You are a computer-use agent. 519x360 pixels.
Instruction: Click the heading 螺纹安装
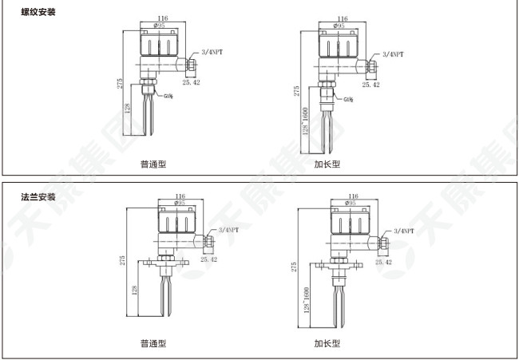tap(39, 13)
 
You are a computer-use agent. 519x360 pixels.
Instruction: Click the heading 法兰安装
tap(39, 196)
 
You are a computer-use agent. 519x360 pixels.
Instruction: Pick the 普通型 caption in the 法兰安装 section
tap(153, 343)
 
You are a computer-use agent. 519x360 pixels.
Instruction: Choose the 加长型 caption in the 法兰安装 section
tap(327, 343)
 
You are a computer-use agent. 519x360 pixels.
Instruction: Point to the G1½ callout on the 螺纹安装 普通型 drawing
tap(169, 97)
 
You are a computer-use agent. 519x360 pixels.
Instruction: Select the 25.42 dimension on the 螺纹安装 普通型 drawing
tap(192, 82)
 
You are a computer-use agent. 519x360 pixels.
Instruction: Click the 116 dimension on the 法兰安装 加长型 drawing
tap(352, 196)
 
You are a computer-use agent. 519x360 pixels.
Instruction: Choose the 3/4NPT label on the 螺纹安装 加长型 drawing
tap(393, 53)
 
